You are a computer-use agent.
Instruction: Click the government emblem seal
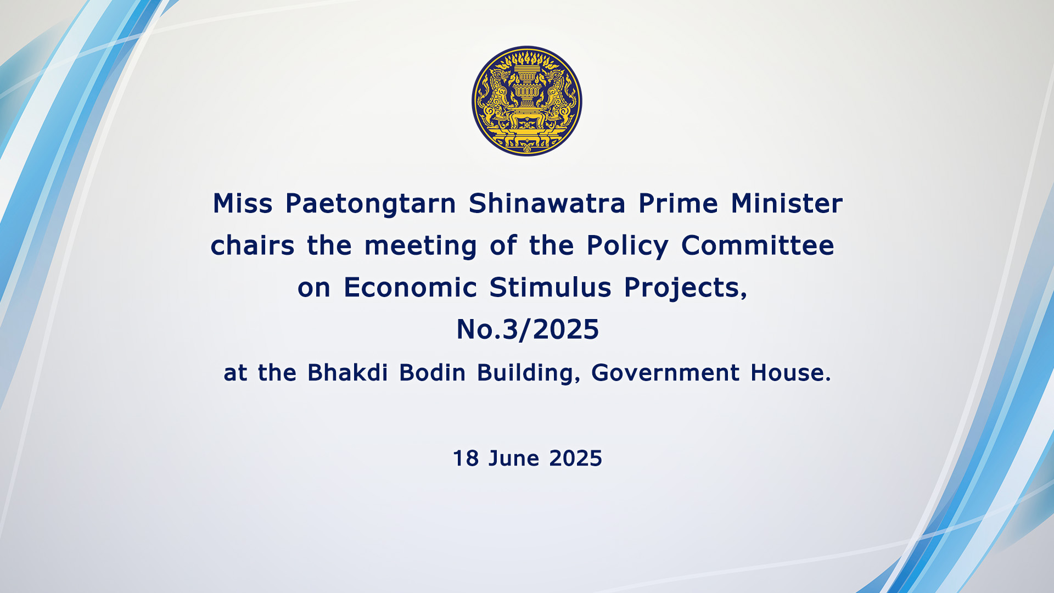pyautogui.click(x=527, y=101)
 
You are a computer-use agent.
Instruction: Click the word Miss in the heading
pyautogui.click(x=243, y=203)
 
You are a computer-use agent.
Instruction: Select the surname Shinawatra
pyautogui.click(x=547, y=203)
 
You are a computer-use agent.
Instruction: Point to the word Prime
pyautogui.click(x=678, y=203)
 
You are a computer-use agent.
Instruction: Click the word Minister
pyautogui.click(x=787, y=203)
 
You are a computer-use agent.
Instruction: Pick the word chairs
pyautogui.click(x=253, y=245)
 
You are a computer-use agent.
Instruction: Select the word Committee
pyautogui.click(x=758, y=245)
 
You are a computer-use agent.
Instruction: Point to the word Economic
pyautogui.click(x=410, y=287)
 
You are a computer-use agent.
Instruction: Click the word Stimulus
pyautogui.click(x=550, y=287)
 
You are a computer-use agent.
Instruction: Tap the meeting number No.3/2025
pyautogui.click(x=528, y=329)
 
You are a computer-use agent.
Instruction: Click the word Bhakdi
pyautogui.click(x=347, y=372)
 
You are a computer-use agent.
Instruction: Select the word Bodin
pyautogui.click(x=432, y=372)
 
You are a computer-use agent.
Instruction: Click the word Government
pyautogui.click(x=665, y=372)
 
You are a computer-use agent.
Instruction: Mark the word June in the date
pyautogui.click(x=514, y=458)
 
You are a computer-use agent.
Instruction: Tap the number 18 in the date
pyautogui.click(x=466, y=458)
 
